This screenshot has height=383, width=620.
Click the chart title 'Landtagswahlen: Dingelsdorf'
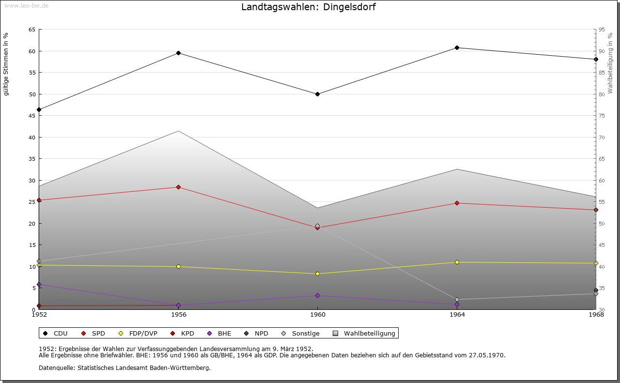point(308,7)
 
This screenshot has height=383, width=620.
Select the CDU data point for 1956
point(178,53)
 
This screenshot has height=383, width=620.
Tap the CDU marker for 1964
point(457,48)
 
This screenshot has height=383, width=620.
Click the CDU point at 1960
point(317,94)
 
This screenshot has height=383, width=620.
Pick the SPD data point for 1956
point(178,187)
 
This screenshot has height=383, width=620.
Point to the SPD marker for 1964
point(457,203)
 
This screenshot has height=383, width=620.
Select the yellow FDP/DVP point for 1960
point(317,274)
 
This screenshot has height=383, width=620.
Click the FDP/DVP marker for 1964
point(457,262)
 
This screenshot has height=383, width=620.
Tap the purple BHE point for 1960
point(317,296)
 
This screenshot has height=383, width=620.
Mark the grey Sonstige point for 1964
point(457,300)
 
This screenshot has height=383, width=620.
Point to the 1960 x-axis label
point(317,315)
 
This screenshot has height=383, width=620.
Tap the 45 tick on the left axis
point(32,116)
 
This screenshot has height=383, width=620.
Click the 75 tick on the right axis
point(602,116)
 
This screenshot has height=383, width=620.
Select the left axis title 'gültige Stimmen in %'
point(6,64)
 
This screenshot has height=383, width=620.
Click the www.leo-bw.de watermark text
point(26,5)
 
